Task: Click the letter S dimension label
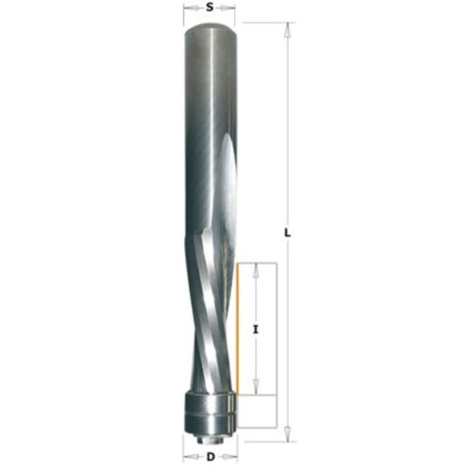(x=210, y=8)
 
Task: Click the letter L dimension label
(x=287, y=233)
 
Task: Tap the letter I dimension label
(x=256, y=329)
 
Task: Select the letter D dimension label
(x=211, y=457)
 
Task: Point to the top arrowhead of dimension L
(x=287, y=30)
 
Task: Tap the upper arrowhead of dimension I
(x=256, y=270)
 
